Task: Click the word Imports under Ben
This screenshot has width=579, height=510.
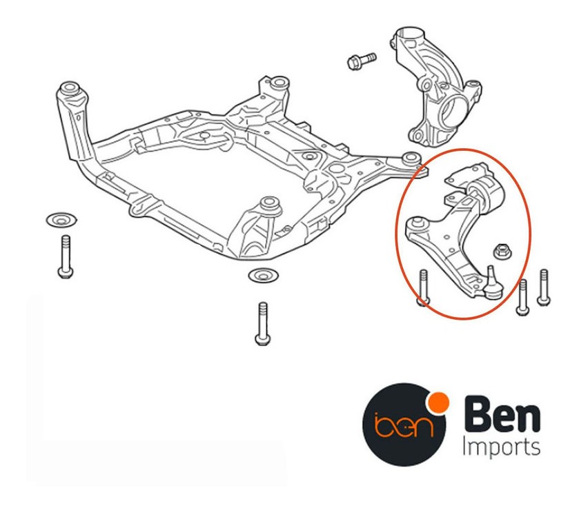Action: [x=501, y=448]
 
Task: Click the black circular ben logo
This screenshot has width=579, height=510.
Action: [x=404, y=425]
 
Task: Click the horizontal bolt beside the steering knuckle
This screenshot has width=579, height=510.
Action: [x=362, y=61]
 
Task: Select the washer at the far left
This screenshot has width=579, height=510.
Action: [x=61, y=220]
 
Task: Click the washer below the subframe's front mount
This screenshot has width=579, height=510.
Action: [x=264, y=276]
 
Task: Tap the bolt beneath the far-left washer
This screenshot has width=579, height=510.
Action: [x=66, y=256]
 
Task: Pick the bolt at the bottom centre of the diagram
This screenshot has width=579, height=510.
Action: [x=262, y=324]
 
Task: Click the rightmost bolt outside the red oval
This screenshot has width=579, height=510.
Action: [x=544, y=287]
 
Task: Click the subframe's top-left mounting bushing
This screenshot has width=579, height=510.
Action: [x=70, y=90]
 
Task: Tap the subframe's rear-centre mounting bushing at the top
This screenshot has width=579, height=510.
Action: [x=277, y=82]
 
